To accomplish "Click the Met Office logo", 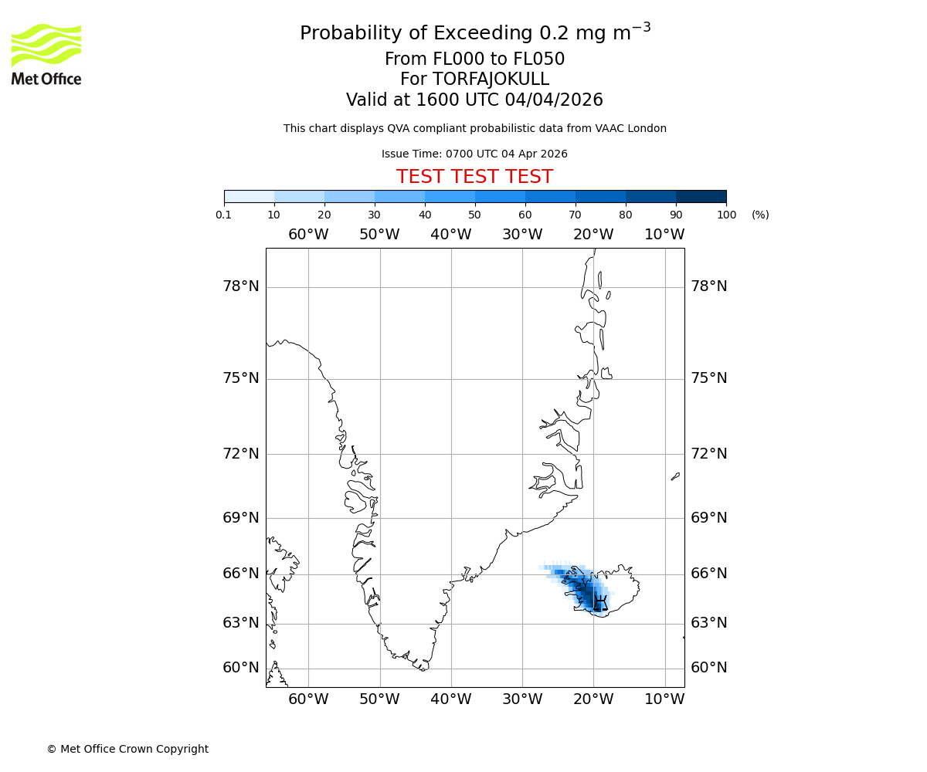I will [x=46, y=54].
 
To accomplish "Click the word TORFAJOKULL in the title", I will [x=491, y=80].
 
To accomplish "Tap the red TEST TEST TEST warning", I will [x=474, y=177].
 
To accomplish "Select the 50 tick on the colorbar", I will [x=475, y=215].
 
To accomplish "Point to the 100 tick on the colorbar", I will [x=726, y=215].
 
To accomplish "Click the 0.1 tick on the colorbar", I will [x=224, y=215].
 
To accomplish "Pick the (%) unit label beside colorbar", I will [x=760, y=215].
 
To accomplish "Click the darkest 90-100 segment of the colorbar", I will [x=701, y=196].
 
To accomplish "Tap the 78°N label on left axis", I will [x=241, y=286].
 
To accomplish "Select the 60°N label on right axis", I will [x=708, y=668].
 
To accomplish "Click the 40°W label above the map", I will [x=450, y=235].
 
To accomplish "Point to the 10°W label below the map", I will [x=664, y=699].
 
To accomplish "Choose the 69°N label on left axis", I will [x=241, y=517].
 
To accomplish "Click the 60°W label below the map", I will [x=308, y=699].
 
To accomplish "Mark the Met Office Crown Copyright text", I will [x=127, y=749].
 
